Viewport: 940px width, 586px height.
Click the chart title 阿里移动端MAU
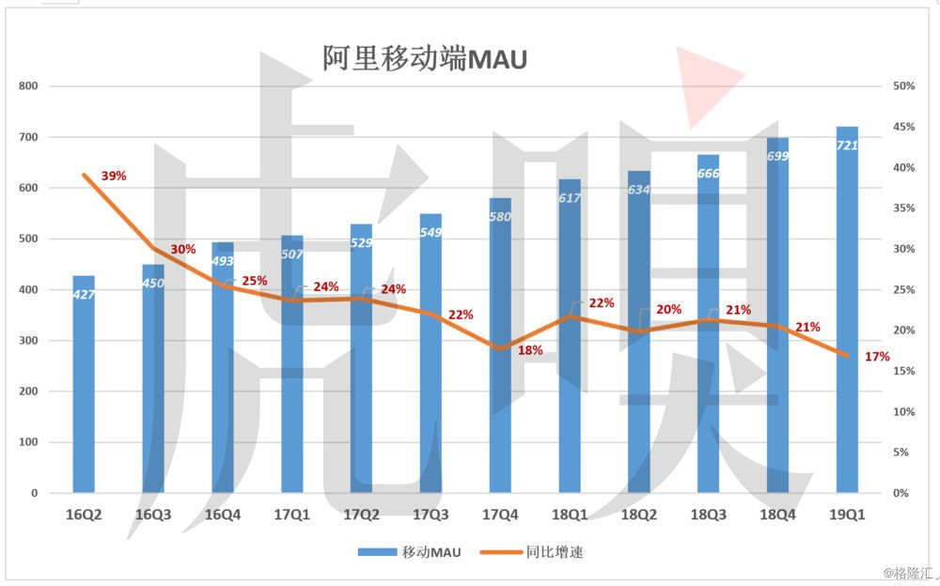point(425,59)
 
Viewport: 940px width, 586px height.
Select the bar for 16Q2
point(84,385)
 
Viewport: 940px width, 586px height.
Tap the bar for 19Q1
point(847,310)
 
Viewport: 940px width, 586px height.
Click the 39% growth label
point(114,176)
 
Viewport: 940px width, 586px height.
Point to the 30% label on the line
point(183,250)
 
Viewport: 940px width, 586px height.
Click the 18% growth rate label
point(530,350)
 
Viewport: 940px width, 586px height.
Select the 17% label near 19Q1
point(877,357)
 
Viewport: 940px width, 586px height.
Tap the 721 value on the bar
point(847,146)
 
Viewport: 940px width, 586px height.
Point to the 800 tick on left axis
point(28,86)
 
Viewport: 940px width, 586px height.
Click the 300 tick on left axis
point(28,340)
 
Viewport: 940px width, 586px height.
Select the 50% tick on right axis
point(904,86)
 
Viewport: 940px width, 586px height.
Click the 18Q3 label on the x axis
point(708,515)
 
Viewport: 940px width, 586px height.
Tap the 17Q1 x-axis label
point(291,515)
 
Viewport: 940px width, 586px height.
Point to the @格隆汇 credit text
point(908,572)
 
